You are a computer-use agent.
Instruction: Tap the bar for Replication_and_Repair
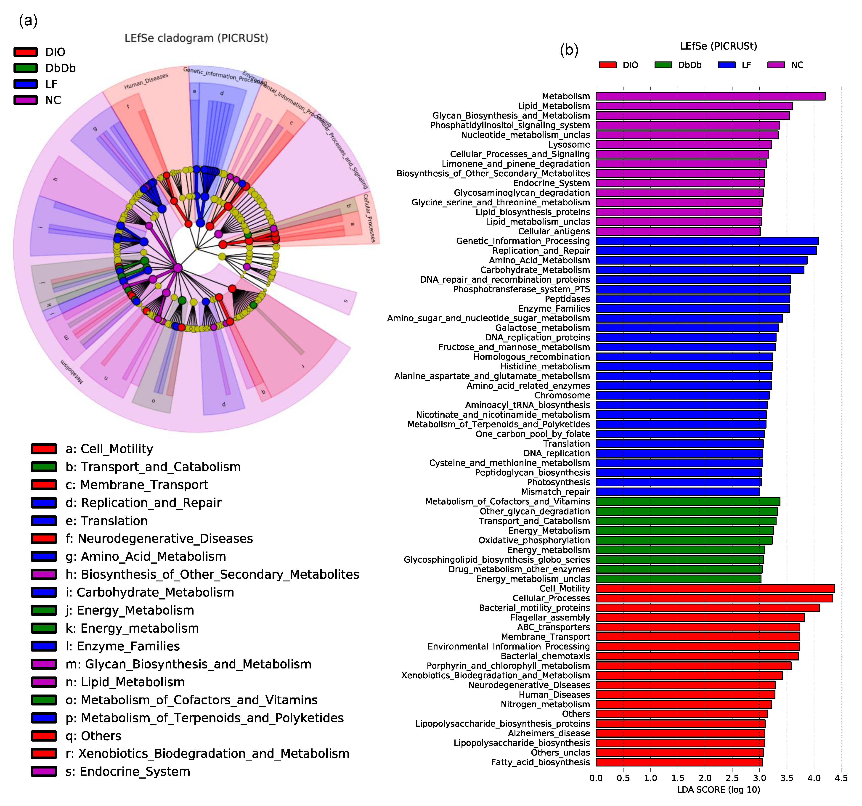(706, 251)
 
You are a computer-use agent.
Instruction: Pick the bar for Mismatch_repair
(678, 492)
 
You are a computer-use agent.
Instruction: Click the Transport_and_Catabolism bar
(686, 521)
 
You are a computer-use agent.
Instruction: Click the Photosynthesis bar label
(558, 482)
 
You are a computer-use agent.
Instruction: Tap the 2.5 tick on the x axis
(732, 778)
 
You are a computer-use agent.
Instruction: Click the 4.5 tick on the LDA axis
(841, 778)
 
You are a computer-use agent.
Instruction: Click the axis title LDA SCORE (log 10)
(719, 790)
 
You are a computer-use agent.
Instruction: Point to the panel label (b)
(569, 50)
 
